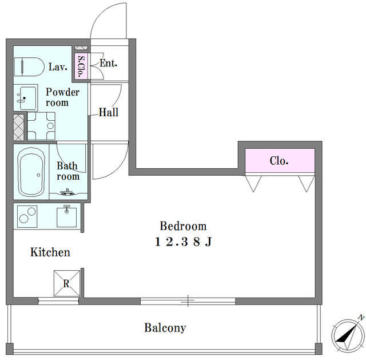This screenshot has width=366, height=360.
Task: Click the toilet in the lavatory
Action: (29, 67)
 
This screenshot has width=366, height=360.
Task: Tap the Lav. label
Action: (58, 67)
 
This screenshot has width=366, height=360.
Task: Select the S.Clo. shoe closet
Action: (81, 66)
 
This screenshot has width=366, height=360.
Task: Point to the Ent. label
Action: (108, 63)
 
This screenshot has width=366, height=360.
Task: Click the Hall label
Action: (109, 112)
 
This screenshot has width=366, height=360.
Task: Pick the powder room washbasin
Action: (26, 98)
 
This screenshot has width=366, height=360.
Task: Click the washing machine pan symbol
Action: (41, 126)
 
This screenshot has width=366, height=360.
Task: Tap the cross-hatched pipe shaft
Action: (19, 127)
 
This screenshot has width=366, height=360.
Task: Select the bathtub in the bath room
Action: (31, 172)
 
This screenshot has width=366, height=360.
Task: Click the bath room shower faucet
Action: (67, 192)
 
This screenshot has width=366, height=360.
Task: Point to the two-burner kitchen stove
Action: (27, 216)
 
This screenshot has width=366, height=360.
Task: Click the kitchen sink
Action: (66, 216)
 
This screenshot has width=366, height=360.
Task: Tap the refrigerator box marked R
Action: (67, 283)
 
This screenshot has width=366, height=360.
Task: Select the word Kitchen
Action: (50, 252)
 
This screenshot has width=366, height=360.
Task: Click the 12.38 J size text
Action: (184, 242)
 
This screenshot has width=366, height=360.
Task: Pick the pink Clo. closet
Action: (280, 161)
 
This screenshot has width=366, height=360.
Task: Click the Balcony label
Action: (165, 328)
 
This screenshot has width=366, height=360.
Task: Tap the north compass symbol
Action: (347, 335)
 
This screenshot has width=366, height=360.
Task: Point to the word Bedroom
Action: (183, 226)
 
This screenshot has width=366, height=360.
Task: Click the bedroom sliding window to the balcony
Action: (188, 301)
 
